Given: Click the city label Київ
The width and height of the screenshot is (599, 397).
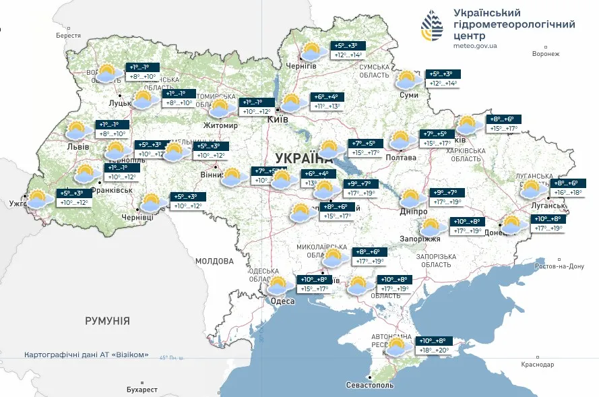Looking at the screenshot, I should (278, 119).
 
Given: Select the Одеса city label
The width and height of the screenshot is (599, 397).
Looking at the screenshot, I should (282, 301).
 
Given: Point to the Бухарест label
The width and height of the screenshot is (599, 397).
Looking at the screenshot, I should (141, 390).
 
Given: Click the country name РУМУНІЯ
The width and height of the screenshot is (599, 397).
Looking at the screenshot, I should (107, 321).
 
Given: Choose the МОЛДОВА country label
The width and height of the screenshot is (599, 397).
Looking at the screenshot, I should (214, 261).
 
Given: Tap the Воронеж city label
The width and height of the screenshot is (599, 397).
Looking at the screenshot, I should (546, 54).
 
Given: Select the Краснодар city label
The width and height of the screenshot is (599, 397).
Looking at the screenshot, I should (537, 365).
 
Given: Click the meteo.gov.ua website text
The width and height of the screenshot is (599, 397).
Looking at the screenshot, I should (475, 45).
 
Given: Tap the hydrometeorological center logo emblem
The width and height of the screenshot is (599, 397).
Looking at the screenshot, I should (433, 26).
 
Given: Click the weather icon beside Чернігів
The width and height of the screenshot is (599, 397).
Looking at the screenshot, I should (311, 51).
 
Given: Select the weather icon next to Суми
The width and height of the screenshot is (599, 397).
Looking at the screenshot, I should (407, 80).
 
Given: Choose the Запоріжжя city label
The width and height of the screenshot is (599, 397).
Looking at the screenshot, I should (422, 239).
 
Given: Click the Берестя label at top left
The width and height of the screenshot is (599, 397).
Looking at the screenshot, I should (68, 36).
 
